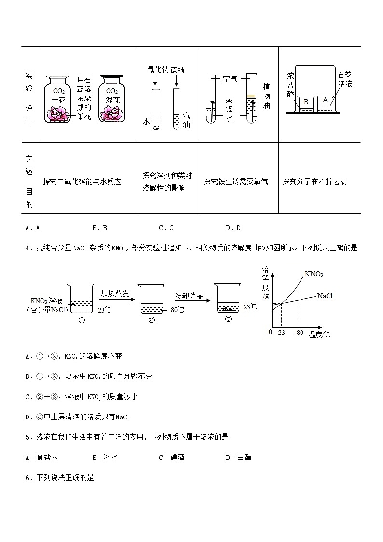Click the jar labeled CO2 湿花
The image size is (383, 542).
[x=112, y=99]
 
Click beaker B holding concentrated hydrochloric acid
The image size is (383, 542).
[x=305, y=103]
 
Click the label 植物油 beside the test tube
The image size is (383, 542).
[x=266, y=96]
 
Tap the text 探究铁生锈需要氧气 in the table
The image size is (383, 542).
[x=236, y=182]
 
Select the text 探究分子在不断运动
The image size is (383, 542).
[x=315, y=182]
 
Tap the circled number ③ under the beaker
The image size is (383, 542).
[x=229, y=319]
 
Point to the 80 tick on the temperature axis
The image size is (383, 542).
[x=300, y=332]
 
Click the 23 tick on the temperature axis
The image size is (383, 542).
[x=282, y=332]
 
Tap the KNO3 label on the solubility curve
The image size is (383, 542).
[x=314, y=274]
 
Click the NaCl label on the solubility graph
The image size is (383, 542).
[x=325, y=296]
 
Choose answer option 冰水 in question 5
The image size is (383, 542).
[x=110, y=458]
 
